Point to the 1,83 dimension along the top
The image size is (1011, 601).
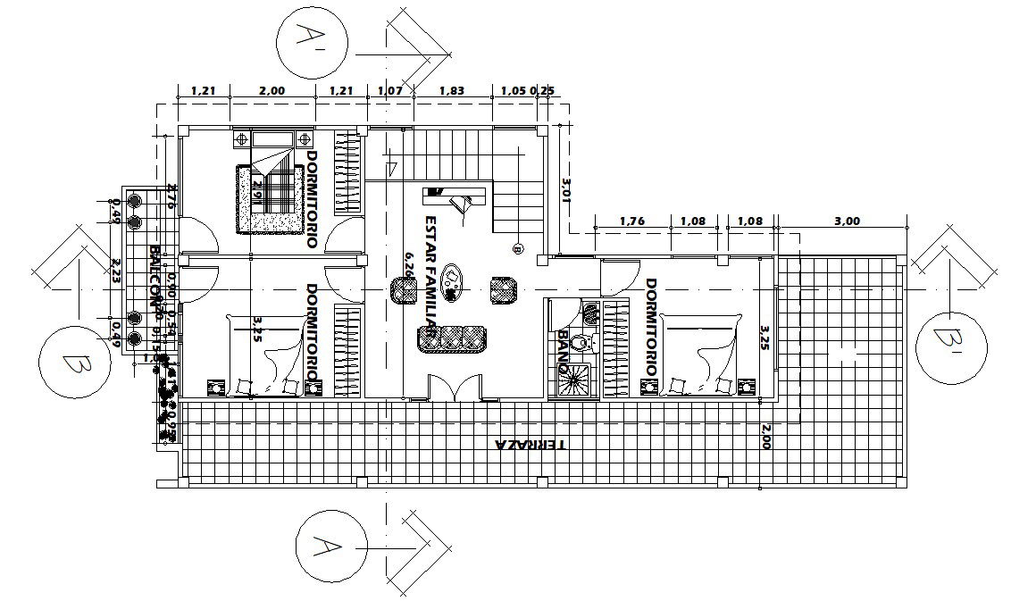(x=451, y=90)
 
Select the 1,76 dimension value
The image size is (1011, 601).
(x=631, y=221)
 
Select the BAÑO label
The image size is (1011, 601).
(x=563, y=352)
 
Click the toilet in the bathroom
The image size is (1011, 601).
(x=581, y=342)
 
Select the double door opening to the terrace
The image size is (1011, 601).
(x=454, y=388)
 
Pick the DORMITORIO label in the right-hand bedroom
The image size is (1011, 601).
(x=651, y=327)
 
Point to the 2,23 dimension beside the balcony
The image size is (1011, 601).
(x=115, y=270)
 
